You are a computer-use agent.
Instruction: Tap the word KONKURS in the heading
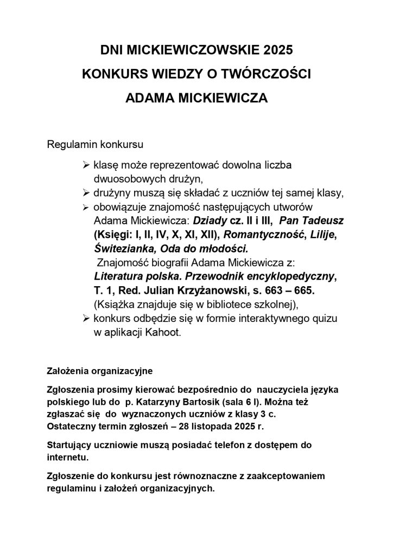pos(107,75)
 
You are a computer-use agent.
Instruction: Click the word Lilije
pos(321,235)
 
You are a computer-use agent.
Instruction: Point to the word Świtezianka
pos(122,249)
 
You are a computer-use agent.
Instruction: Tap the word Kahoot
pos(163,333)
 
